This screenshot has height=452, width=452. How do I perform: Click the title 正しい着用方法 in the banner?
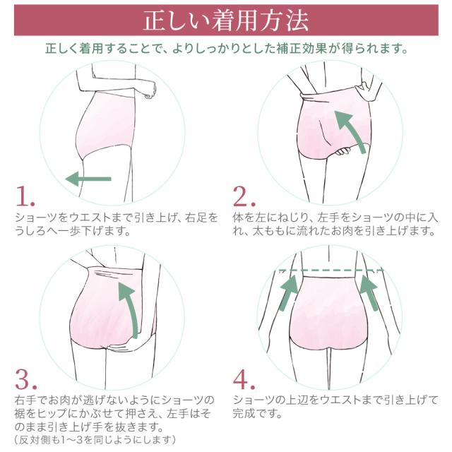[226, 20]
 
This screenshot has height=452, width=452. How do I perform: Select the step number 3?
[26, 379]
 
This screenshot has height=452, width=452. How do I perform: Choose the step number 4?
[245, 379]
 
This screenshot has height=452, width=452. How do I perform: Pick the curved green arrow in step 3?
[129, 304]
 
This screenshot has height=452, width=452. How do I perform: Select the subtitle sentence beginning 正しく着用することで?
[226, 50]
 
